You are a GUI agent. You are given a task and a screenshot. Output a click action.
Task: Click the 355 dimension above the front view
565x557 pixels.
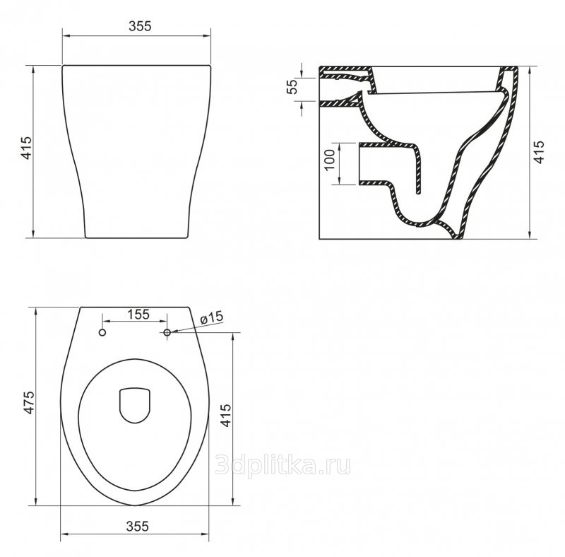(140, 26)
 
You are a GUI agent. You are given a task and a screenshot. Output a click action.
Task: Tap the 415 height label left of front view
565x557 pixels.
(27, 148)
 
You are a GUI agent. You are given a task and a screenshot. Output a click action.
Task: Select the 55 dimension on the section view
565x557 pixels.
(292, 86)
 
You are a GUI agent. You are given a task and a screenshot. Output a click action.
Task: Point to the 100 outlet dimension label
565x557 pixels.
(330, 160)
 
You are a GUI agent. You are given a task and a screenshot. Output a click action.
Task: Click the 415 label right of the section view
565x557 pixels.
(539, 152)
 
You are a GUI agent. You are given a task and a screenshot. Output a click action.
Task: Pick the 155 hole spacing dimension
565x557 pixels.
(138, 315)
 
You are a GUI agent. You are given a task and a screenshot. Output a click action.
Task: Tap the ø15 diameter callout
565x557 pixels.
(211, 318)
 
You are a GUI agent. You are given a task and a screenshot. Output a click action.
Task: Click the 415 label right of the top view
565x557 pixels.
(225, 415)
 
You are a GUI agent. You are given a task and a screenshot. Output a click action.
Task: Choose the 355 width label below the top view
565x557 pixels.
(137, 527)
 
